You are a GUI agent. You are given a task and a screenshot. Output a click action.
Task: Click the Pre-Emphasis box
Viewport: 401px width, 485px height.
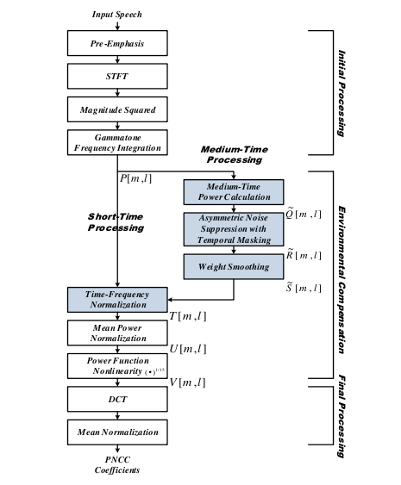[x=117, y=43]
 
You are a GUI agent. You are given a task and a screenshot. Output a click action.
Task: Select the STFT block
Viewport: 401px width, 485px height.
[x=117, y=77]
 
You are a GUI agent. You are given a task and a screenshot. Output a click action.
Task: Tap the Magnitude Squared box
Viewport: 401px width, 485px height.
[x=117, y=109]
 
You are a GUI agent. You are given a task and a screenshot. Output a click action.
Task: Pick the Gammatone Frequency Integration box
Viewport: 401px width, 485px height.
[x=117, y=143]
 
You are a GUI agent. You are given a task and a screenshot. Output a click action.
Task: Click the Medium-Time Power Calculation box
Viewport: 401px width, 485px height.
[x=234, y=192]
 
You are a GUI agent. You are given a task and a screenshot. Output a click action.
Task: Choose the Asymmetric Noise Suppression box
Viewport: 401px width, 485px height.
[x=234, y=229]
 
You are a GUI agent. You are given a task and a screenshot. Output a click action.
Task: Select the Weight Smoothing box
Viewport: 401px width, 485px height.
[x=234, y=267]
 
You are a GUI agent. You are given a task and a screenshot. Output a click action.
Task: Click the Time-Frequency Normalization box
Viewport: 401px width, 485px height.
[x=117, y=300]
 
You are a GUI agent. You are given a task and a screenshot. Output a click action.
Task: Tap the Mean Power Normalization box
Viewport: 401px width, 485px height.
[x=117, y=333]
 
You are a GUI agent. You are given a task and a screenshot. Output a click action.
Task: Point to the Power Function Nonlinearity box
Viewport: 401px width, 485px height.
[x=117, y=366]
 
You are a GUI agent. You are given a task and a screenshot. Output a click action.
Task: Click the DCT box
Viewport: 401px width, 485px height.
[x=117, y=399]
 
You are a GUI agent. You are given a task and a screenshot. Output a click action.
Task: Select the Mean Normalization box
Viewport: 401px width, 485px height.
[x=117, y=432]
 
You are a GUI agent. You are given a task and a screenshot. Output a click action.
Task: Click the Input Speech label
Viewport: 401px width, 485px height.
[x=117, y=15]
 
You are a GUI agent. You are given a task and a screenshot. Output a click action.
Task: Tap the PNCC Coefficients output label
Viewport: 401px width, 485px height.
[x=117, y=465]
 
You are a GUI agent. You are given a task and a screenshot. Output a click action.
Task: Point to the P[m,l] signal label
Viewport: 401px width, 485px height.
[x=136, y=178]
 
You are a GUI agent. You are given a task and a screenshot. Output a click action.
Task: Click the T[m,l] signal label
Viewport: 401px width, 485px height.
[x=188, y=316]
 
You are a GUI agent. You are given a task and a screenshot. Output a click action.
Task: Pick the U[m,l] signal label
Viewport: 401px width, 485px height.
[x=188, y=349]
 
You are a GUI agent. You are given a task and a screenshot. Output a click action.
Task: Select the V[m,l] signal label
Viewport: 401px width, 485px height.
[x=187, y=382]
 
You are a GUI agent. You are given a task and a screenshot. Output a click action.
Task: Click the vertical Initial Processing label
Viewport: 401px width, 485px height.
[x=341, y=93]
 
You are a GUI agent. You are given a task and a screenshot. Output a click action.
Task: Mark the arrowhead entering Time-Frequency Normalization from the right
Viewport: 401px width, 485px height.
[x=170, y=300]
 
